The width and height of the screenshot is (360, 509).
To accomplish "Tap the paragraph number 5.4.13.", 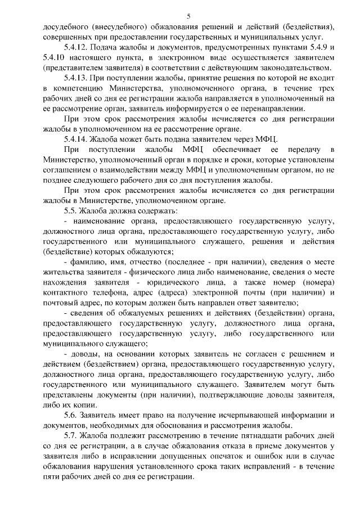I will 77,78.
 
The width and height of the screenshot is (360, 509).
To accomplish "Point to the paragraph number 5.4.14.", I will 77,139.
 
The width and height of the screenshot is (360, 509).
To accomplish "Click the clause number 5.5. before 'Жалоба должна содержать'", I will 72,211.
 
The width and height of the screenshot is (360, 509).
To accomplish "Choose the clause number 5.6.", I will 72,415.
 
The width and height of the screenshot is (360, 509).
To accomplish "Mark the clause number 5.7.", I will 72,435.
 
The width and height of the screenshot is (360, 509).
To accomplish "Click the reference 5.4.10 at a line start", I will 55,57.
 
